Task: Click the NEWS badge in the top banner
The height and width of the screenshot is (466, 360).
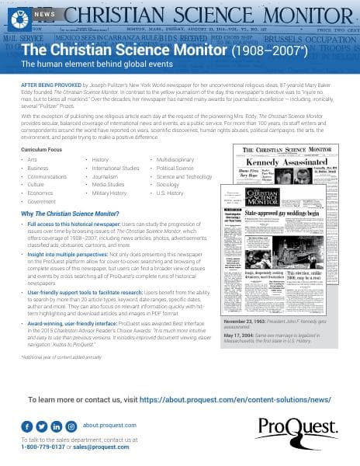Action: tap(44, 14)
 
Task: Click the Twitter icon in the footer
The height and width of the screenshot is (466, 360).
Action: tap(41, 426)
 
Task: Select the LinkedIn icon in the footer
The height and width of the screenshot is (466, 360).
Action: tap(56, 426)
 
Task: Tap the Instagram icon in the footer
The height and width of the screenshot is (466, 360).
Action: tap(71, 426)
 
